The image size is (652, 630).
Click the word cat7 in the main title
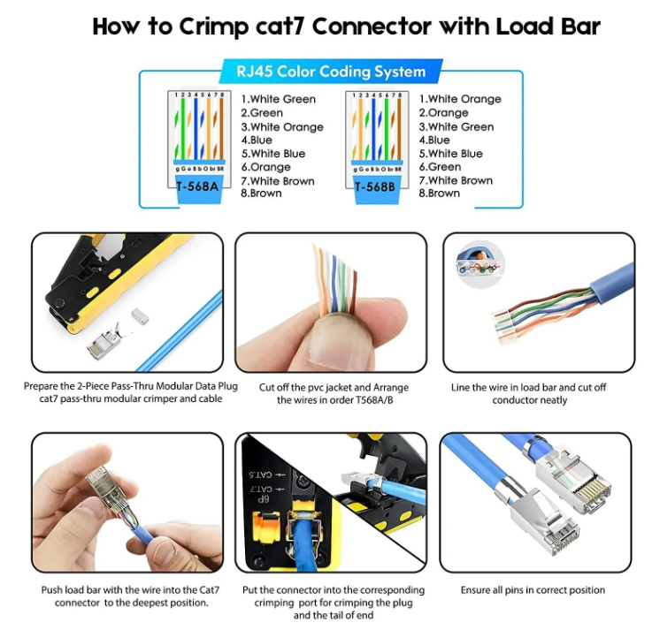pos(293,26)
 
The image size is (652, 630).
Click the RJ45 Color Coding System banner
pos(330,72)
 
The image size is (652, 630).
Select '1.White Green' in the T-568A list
pos(278,99)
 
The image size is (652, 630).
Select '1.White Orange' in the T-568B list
pos(459,99)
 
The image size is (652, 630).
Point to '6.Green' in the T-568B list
pos(440,166)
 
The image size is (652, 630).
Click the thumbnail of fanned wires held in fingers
pos(330,301)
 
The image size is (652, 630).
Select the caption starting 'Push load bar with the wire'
pos(125,596)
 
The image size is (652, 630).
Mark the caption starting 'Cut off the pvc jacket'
pos(331,393)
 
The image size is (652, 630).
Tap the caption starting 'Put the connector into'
pos(332,602)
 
